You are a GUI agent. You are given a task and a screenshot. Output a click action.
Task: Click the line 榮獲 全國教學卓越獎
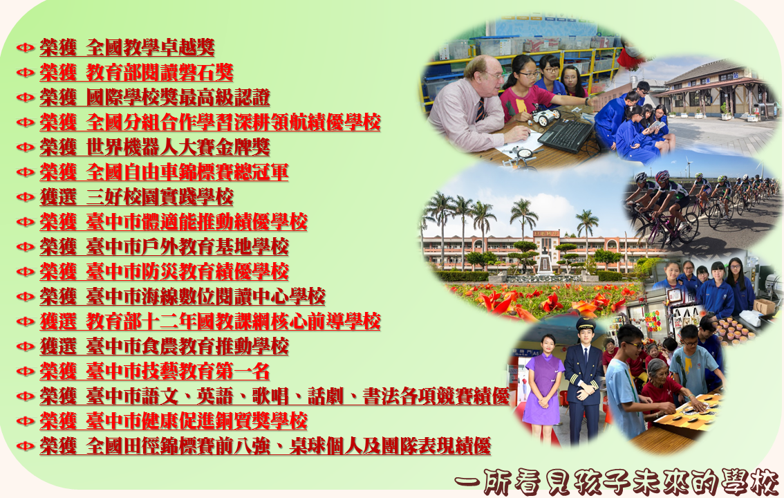(127, 48)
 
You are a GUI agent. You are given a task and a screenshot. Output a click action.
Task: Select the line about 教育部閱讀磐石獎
(136, 73)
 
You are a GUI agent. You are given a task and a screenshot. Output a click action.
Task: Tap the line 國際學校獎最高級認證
(155, 98)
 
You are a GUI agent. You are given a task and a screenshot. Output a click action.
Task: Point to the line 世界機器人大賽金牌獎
(155, 147)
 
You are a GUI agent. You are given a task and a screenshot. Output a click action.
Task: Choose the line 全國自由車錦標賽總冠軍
(164, 172)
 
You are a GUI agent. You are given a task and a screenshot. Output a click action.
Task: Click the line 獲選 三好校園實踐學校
(136, 197)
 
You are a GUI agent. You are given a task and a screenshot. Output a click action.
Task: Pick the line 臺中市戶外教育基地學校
(164, 246)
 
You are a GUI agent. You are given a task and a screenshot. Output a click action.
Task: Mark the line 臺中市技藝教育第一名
(155, 371)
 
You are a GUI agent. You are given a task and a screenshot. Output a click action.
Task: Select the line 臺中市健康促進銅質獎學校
(174, 421)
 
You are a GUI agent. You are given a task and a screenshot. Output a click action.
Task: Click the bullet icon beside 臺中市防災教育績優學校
(25, 272)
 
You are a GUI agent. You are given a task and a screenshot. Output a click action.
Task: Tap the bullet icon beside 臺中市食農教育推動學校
(25, 347)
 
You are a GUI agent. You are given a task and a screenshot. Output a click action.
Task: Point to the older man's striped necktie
(480, 109)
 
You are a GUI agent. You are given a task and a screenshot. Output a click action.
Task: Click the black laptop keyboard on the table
(566, 134)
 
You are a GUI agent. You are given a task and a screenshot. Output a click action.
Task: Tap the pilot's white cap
(586, 324)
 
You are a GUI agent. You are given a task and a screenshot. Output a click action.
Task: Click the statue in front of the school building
(545, 261)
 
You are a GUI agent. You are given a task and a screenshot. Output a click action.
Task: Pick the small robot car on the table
(545, 117)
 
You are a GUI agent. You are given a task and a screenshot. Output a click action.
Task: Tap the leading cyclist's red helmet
(662, 175)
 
